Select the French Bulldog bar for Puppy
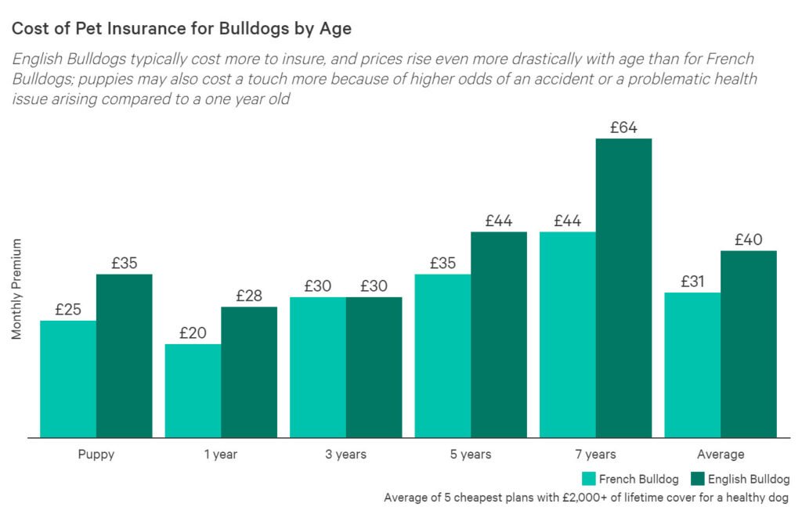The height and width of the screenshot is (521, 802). point(68,379)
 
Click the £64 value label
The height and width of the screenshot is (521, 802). point(623,128)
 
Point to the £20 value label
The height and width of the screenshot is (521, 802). point(193,332)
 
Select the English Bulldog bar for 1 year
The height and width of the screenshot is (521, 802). point(249,372)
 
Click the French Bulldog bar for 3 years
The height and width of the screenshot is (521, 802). point(318,367)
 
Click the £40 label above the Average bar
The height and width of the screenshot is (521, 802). point(749,240)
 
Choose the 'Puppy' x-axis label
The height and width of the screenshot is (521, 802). point(96,455)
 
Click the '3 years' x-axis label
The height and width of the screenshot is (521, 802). point(345,455)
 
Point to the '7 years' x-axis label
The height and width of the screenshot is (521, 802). point(595,455)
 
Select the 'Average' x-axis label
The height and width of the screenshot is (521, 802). point(721,455)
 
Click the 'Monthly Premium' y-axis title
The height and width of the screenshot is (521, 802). point(16,289)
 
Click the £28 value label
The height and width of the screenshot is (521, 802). point(249,296)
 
